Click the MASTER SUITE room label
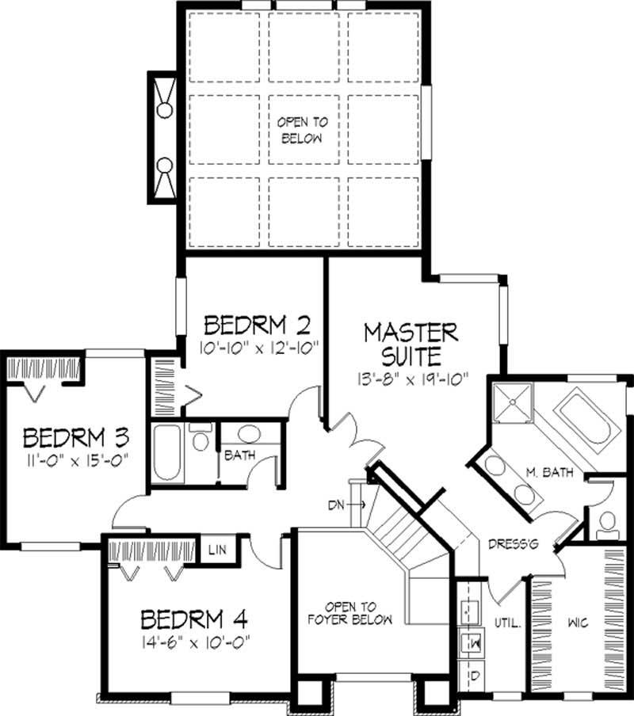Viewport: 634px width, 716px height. [x=411, y=341]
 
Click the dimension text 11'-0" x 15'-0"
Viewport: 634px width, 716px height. [x=75, y=459]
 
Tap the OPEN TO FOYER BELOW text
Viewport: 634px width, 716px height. [x=349, y=613]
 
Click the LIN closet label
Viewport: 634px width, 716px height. [x=215, y=549]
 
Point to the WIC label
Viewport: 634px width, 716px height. [x=578, y=623]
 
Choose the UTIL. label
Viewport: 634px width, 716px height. [x=508, y=623]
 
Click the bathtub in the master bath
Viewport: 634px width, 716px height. [x=585, y=421]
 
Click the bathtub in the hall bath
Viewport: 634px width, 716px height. [x=168, y=453]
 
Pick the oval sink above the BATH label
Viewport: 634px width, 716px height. [x=251, y=435]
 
